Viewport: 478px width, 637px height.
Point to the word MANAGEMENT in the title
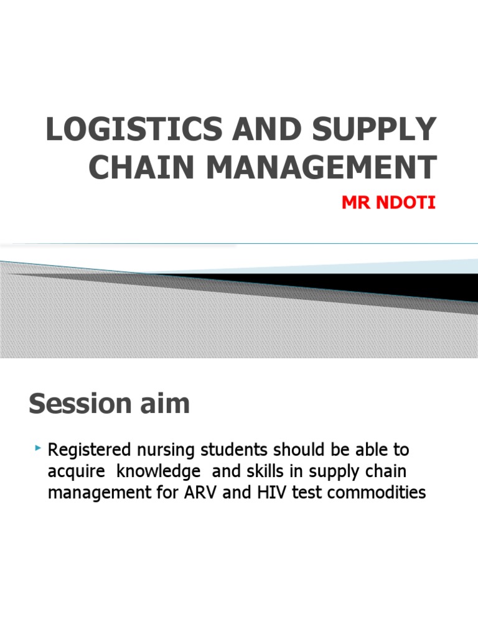316,168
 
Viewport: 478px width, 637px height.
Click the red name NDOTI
407,203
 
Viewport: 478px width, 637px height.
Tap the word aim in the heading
162,404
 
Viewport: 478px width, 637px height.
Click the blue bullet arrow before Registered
39,448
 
